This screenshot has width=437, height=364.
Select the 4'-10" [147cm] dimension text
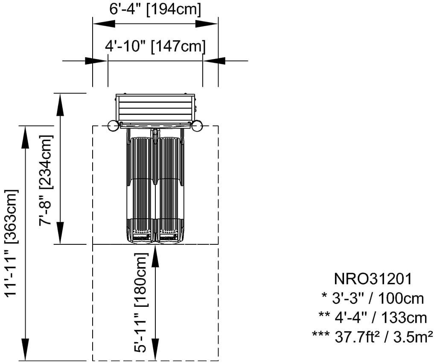(155, 46)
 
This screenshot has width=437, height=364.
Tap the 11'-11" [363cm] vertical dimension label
(11, 242)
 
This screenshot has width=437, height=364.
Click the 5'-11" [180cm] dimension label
(141, 302)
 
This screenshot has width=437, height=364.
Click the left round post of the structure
(113, 126)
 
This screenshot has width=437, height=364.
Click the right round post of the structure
(197, 126)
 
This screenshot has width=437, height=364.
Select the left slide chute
(141, 188)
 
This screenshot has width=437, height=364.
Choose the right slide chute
(170, 188)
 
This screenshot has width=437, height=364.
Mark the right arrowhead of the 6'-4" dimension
(213, 24)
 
